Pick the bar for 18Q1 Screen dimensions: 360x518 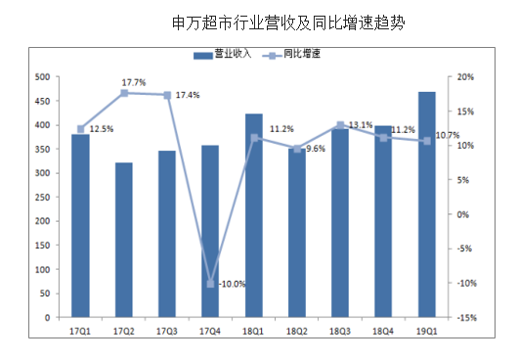253,215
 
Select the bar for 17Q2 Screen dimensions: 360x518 124,240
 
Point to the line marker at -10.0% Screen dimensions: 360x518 210,284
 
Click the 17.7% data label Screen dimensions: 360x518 134,82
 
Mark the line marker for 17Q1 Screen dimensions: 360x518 80,129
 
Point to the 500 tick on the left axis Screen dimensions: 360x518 42,77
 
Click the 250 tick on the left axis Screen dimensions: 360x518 42,198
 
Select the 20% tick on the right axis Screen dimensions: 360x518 465,77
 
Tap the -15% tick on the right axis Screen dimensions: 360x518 465,318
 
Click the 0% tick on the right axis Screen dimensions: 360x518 465,214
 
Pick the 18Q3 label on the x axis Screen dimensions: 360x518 340,332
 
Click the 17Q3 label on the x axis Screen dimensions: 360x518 167,332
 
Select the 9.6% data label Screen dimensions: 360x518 315,149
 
